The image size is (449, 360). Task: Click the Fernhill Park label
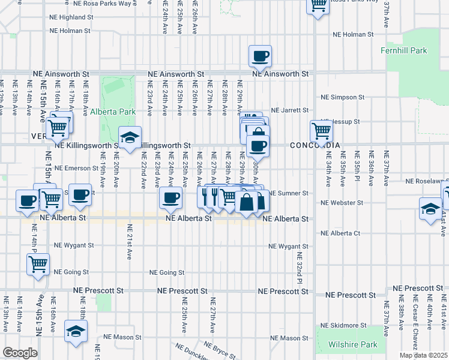tap(404, 51)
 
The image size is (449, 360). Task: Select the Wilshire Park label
tap(353, 345)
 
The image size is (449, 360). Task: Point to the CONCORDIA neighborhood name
tap(315, 146)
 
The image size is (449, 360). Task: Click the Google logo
tap(19, 353)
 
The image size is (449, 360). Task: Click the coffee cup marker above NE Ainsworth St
tap(260, 57)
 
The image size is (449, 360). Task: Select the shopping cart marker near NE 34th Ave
tap(321, 130)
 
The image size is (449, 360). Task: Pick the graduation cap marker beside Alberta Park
tap(130, 137)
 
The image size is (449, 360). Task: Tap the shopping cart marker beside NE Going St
tap(38, 264)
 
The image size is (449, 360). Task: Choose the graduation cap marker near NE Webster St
tap(430, 209)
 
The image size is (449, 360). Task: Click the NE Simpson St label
tap(343, 97)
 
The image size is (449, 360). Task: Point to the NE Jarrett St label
tap(289, 110)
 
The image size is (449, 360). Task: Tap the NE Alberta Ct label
tap(340, 233)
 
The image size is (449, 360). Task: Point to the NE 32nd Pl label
tap(298, 268)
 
